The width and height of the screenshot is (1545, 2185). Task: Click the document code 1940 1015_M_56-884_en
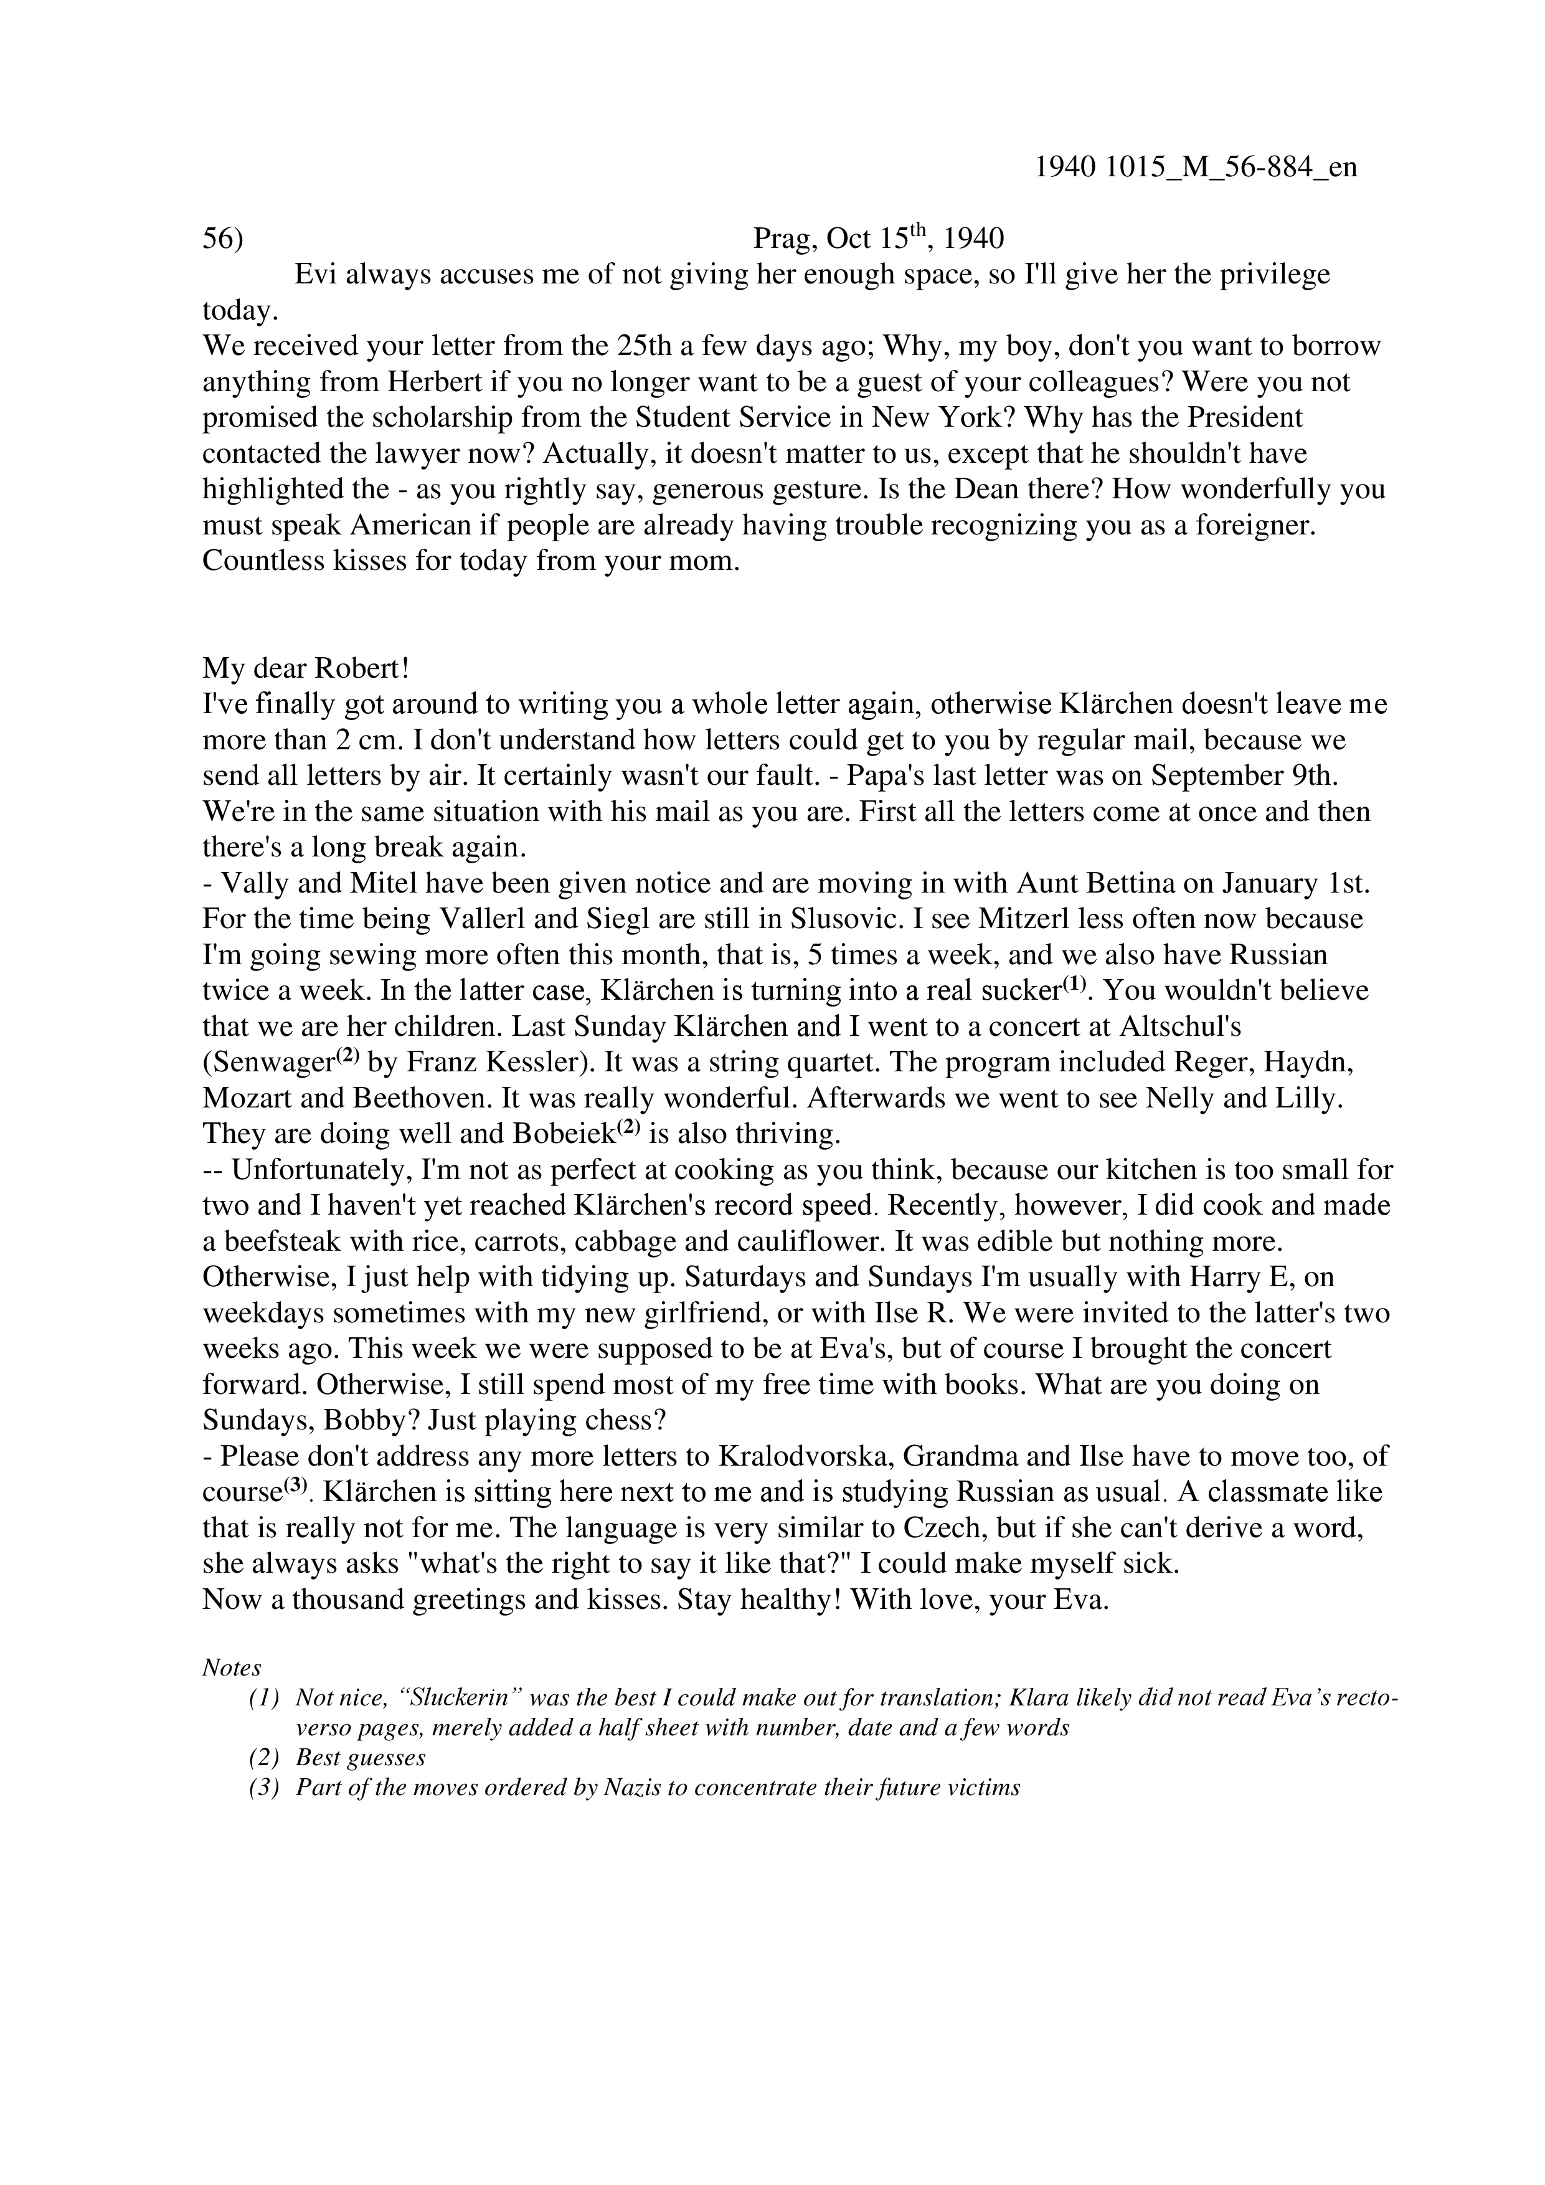pyautogui.click(x=1195, y=168)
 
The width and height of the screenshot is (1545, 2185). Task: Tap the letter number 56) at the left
pyautogui.click(x=222, y=238)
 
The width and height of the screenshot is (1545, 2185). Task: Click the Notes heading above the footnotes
pyautogui.click(x=231, y=1668)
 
